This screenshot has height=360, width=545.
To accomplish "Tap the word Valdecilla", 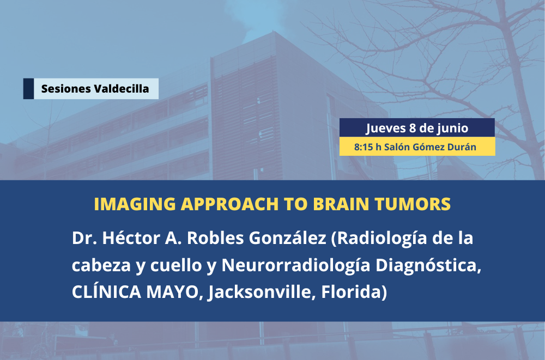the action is coord(122,89).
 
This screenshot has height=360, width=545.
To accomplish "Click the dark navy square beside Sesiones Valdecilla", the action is coord(28,89).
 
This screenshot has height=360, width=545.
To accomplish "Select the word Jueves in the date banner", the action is coord(386,128).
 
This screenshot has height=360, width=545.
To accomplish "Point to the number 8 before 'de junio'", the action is coord(413,128).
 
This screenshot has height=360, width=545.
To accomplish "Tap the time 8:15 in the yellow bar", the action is coord(364,147).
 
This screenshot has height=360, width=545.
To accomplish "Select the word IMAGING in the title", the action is coord(135,204).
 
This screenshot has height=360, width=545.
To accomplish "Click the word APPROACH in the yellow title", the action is coord(230,204).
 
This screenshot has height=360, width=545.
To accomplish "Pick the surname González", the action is coord(288,238).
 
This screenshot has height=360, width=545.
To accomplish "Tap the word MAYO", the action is coord(174,292).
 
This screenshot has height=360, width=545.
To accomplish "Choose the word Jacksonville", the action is coord(262,292).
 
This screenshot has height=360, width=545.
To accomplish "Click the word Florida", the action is coord(354,292).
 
